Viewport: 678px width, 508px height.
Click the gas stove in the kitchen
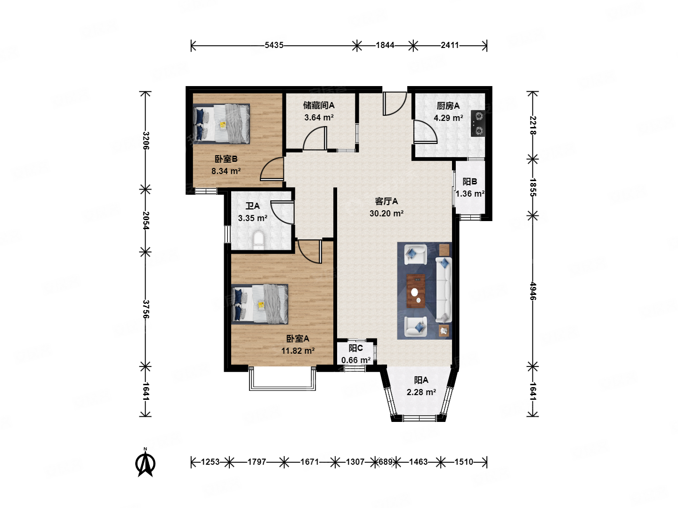[x=478, y=123]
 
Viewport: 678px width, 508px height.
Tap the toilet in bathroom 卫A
[x=258, y=240]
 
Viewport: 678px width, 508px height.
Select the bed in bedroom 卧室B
[x=221, y=124]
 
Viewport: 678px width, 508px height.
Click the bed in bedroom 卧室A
[x=259, y=304]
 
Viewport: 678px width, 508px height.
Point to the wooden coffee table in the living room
[x=416, y=291]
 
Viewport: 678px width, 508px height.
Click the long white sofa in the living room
[x=444, y=290]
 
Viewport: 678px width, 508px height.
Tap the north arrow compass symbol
[x=145, y=463]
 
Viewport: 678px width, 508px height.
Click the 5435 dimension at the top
[x=274, y=45]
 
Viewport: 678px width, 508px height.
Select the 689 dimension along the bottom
[x=385, y=462]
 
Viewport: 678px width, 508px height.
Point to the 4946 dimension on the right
[x=533, y=291]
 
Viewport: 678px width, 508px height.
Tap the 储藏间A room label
[x=319, y=105]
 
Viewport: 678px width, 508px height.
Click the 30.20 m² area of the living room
[x=387, y=213]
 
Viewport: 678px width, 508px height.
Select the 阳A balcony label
[x=421, y=380]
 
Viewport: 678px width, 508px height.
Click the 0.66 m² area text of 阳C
[x=356, y=360]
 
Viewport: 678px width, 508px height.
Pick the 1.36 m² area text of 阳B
[x=470, y=194]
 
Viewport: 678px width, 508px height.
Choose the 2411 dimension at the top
[x=450, y=45]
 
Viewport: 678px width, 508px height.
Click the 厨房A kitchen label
[x=448, y=106]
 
